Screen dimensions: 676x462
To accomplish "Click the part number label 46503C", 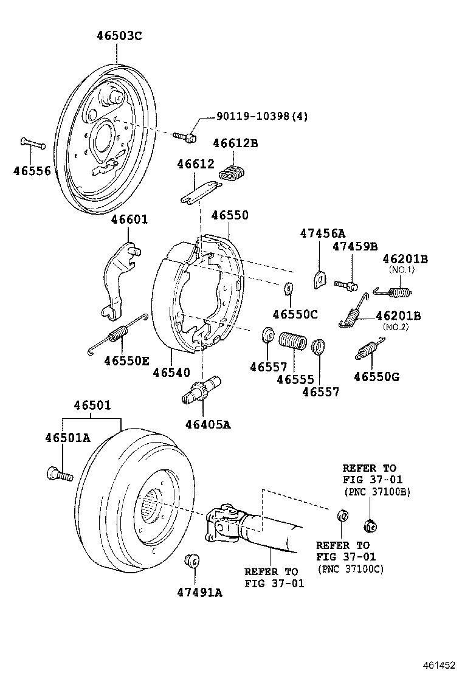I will (x=119, y=36).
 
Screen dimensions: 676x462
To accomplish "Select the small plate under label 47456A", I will (x=319, y=278).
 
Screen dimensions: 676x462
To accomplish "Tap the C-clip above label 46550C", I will (x=289, y=288).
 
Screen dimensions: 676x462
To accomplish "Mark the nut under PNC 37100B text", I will (x=368, y=525).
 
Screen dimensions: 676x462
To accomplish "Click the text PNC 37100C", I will (x=351, y=569).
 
